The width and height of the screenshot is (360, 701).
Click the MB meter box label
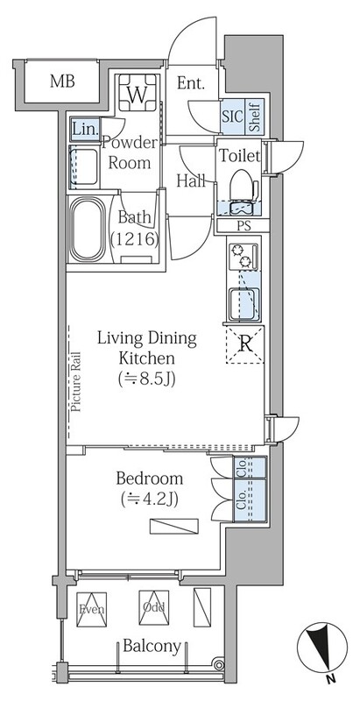coord(62,81)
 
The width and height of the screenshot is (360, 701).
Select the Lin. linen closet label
coord(85,130)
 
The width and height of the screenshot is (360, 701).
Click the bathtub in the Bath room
coord(87,230)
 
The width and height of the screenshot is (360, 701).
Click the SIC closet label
coord(233,117)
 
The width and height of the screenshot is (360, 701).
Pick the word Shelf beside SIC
coord(255,116)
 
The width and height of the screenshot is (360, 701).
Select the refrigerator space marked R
coord(245,343)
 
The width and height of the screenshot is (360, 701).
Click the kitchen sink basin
coord(244,305)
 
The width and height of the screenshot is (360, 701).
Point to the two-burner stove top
coord(244,257)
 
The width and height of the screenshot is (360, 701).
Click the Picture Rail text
coord(75,382)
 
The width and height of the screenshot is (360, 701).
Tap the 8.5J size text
coord(146,379)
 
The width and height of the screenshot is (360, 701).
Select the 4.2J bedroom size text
coord(150,499)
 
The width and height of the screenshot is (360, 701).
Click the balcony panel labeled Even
coord(92,609)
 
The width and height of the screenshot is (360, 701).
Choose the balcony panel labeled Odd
coord(153,607)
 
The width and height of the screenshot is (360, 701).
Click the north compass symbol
coord(322,645)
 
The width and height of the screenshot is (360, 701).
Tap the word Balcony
coord(152,646)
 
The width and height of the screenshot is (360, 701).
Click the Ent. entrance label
coord(191,82)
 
